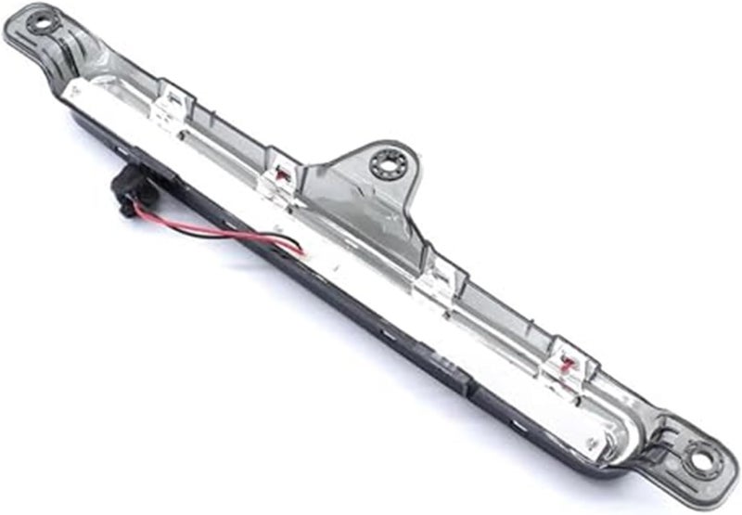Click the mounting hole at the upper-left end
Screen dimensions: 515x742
coord(42,22)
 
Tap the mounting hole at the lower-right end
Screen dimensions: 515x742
coord(701,458)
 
